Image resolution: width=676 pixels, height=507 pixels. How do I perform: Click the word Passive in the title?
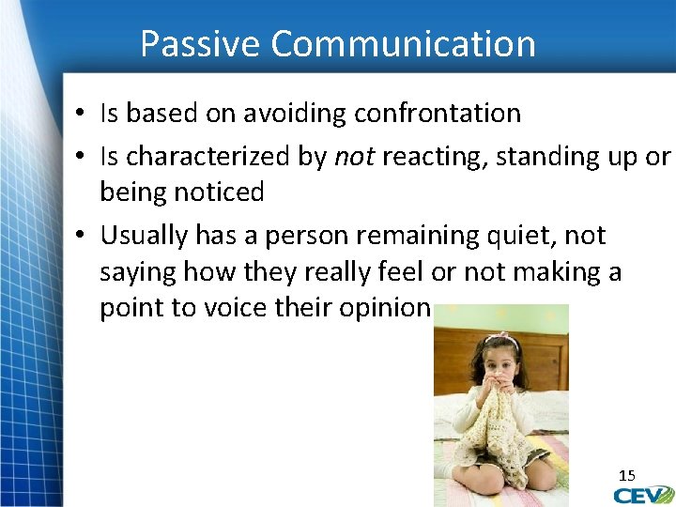pos(199,44)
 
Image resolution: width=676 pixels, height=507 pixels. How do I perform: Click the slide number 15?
pos(626,476)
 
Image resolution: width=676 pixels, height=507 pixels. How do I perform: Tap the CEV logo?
pos(643,494)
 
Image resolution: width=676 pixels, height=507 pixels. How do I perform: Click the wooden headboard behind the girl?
pos(544,362)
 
